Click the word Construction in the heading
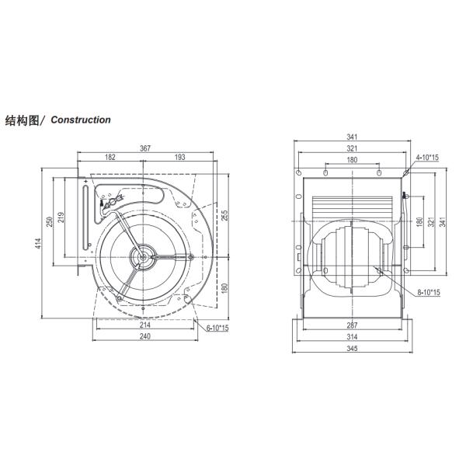(x=81, y=120)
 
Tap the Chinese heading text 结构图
(x=23, y=120)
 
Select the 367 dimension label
(x=145, y=148)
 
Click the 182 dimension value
(x=110, y=157)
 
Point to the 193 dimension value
(x=180, y=157)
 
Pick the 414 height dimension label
(x=38, y=243)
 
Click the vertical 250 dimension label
(x=50, y=221)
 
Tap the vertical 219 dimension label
(x=61, y=217)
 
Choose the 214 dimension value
(x=145, y=325)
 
